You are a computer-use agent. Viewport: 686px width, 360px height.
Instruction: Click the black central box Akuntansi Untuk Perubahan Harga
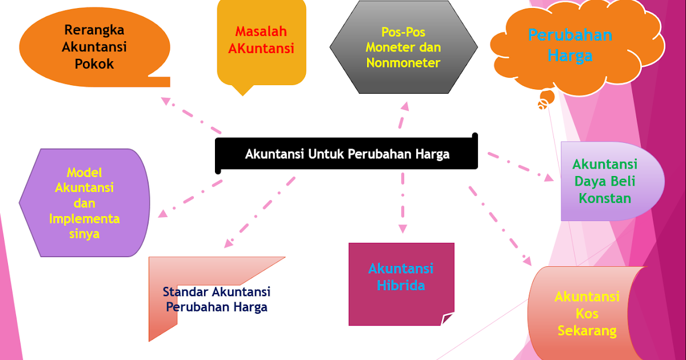pos(346,154)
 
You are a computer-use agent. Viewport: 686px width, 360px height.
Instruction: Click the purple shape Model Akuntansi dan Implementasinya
pos(85,202)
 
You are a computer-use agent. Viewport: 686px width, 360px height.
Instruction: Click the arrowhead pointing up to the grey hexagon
pos(404,106)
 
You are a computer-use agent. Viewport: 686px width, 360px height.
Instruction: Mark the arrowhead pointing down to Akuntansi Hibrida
pos(402,229)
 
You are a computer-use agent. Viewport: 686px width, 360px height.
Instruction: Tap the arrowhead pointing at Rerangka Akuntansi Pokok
pos(166,101)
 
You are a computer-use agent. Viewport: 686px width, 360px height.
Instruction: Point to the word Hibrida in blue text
pos(401,285)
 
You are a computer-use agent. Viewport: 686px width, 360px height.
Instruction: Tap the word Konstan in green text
pos(605,198)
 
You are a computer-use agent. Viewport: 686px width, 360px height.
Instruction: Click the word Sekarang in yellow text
pos(587,330)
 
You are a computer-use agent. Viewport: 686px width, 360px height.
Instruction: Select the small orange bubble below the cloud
pos(543,104)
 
